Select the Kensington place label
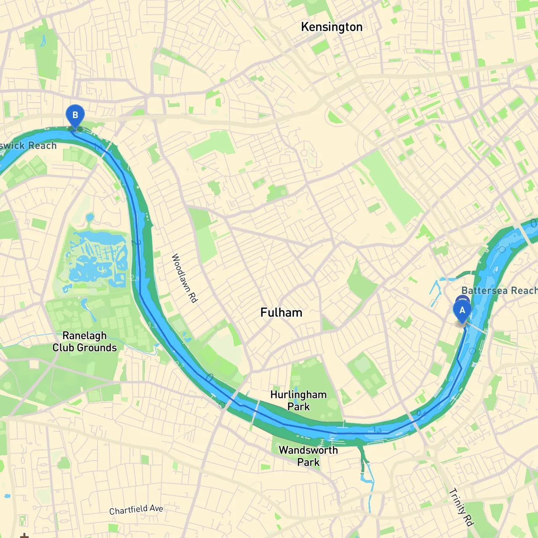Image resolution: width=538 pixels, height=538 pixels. (x=332, y=27)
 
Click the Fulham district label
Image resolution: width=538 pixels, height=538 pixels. (x=281, y=312)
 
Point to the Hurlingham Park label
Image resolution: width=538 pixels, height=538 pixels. (x=298, y=400)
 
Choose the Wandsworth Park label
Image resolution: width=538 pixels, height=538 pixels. (x=308, y=456)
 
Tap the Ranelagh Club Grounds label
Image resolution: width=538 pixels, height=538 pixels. (x=84, y=341)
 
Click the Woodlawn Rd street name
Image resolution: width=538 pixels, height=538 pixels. (x=185, y=278)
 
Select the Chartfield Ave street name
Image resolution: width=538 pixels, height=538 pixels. (x=136, y=509)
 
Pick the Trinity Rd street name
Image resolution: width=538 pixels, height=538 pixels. (x=461, y=507)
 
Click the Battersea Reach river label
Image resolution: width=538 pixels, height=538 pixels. (x=499, y=290)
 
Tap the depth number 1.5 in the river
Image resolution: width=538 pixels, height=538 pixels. (x=377, y=430)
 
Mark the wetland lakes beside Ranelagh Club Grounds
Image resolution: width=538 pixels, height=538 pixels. (x=98, y=256)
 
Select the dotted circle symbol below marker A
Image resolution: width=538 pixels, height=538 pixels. (x=472, y=351)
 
